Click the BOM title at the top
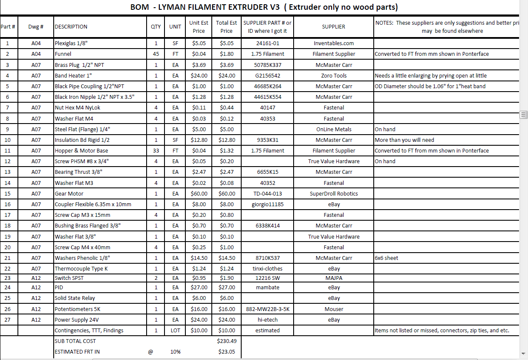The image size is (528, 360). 264,7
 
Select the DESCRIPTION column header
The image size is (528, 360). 71,26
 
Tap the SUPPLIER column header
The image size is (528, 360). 334,26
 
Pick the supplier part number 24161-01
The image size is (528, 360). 268,43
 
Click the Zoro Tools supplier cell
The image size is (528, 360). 334,75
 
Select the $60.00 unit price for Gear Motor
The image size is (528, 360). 199,193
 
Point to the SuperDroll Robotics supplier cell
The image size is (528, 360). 334,193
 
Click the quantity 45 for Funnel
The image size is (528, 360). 156,54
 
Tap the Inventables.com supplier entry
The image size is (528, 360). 334,43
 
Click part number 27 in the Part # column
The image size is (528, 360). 8,320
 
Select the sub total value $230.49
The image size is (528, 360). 226,341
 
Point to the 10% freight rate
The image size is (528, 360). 175,351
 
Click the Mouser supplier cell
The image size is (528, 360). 334,309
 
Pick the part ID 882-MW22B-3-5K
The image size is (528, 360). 268,309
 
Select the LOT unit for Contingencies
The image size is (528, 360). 175,330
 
